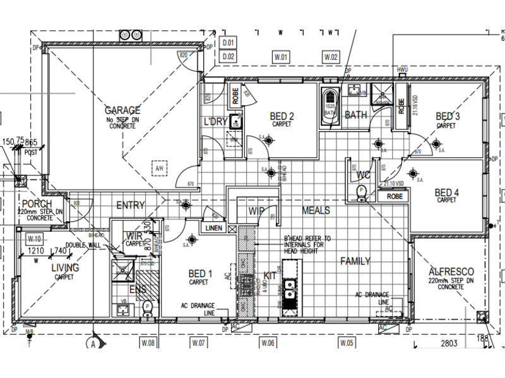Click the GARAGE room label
point(122,111)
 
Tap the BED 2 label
point(282,116)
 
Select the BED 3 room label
point(448,117)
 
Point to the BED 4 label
point(447,193)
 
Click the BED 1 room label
point(199,273)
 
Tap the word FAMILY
point(355,261)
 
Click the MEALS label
point(316,210)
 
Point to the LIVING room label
point(65,268)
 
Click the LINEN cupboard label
point(214,227)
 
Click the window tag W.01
point(281,57)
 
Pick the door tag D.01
point(229,43)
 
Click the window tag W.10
point(34,239)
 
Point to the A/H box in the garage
point(158,168)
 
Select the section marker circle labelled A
point(93,344)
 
